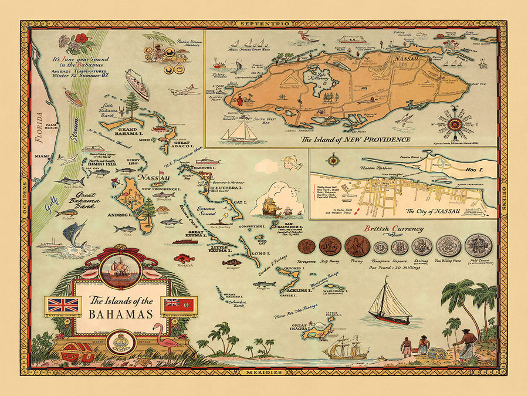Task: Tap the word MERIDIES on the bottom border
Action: click(x=264, y=373)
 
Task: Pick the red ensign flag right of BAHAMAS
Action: click(x=181, y=305)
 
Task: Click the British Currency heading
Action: click(x=388, y=229)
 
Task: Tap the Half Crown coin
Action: click(x=478, y=246)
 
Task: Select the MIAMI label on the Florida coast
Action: click(x=41, y=156)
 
